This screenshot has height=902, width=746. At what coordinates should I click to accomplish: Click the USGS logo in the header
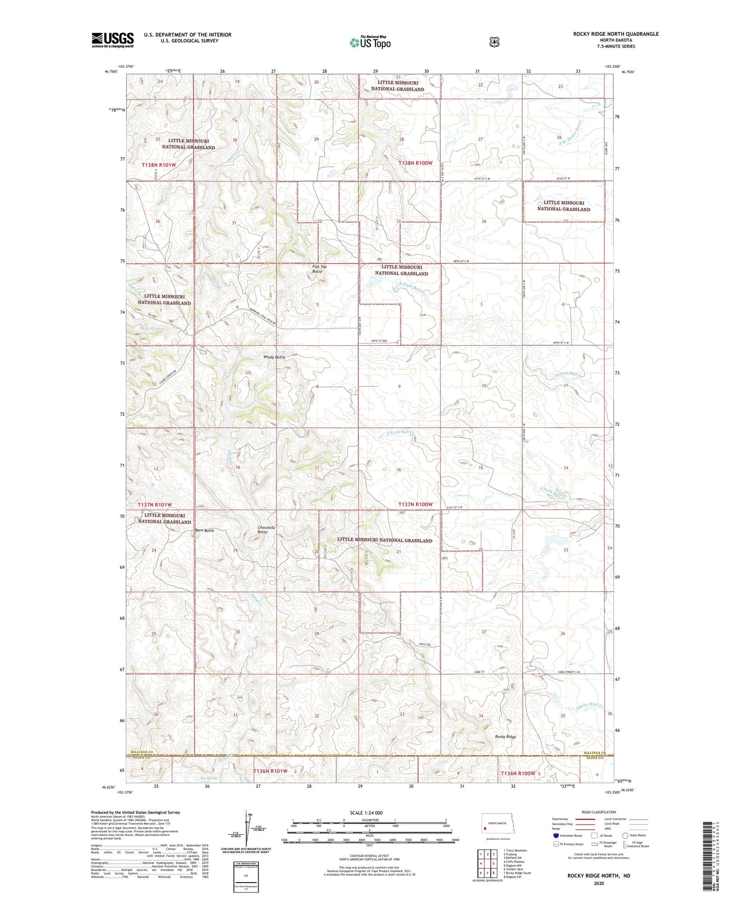point(112,40)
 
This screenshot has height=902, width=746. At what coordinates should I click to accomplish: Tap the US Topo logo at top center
point(370,42)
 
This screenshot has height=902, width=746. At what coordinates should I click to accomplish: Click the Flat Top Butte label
point(319,269)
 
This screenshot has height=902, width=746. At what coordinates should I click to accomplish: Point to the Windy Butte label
point(274,357)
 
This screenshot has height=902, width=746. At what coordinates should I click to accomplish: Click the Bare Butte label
point(204,530)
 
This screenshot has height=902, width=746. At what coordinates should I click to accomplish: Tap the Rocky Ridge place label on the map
point(505,737)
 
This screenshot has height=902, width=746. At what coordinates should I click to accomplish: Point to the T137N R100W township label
point(415,504)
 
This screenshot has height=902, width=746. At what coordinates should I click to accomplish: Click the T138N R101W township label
point(159,164)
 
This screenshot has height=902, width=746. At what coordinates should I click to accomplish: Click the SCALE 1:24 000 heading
point(366,812)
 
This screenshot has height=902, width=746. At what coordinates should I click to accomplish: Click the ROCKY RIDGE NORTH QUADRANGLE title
point(616,34)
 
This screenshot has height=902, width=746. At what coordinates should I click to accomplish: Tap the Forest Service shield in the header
point(493,42)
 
